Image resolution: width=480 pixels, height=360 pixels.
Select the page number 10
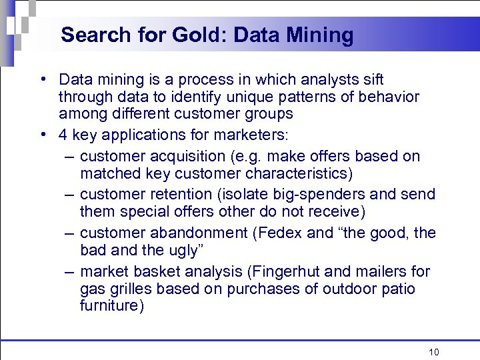tap(435, 352)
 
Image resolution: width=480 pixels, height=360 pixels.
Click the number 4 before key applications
tap(63, 135)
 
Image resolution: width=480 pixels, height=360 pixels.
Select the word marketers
tap(251, 135)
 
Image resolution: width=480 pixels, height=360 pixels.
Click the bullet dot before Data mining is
tap(43, 81)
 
